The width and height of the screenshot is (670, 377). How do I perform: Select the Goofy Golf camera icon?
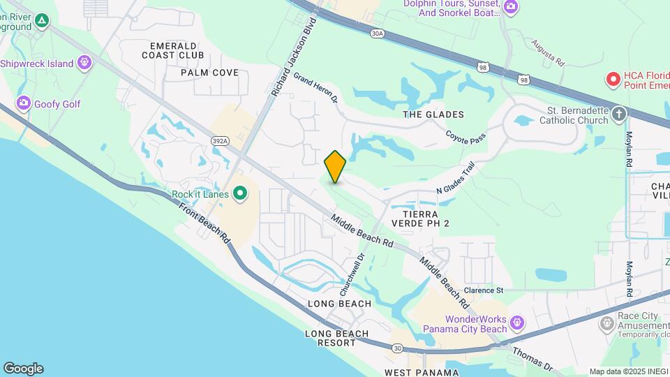pos(23,104)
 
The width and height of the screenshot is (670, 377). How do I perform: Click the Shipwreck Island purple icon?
pos(84,64)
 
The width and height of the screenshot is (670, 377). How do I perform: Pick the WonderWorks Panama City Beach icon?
pos(516,323)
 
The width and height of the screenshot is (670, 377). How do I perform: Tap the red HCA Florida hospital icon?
pos(613,80)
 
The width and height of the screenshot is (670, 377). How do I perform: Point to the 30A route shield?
pos(378,33)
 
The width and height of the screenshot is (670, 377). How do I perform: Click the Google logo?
pos(23,369)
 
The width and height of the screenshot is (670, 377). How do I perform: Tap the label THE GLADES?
pos(433,114)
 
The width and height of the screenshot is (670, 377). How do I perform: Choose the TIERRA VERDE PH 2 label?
pos(420,219)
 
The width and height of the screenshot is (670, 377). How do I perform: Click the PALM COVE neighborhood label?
pos(209,73)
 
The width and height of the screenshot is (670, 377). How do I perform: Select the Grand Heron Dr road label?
pos(315,88)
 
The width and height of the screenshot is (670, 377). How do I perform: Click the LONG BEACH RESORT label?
pos(337,339)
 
